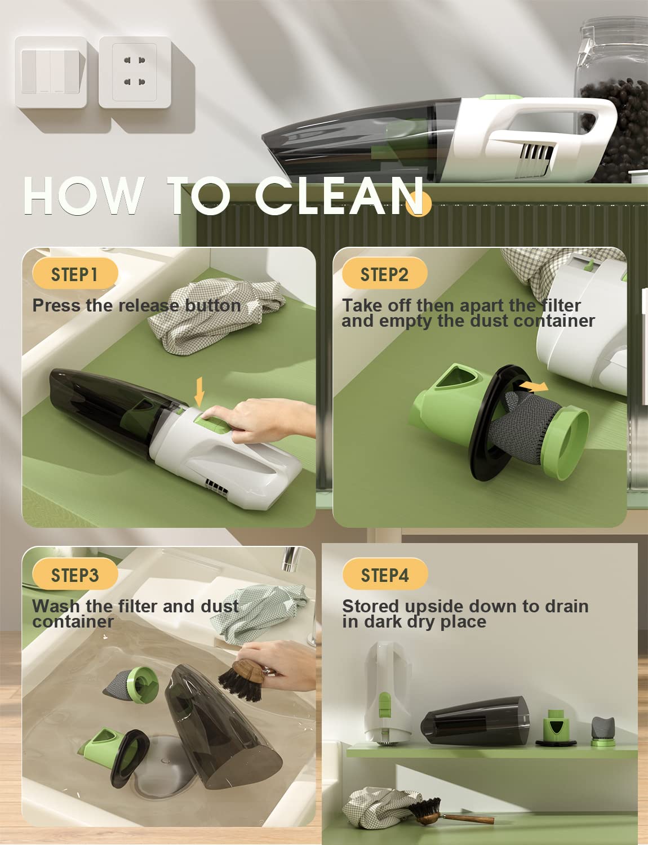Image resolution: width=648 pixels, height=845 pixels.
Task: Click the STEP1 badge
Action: point(75,274)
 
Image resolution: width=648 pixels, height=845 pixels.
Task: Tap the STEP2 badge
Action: point(384,274)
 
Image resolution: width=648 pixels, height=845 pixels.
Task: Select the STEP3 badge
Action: point(75,575)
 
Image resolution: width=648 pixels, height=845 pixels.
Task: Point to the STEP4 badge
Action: point(385,575)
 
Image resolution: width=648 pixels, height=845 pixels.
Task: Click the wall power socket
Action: point(135,72)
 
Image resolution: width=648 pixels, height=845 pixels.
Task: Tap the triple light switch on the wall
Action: point(51,72)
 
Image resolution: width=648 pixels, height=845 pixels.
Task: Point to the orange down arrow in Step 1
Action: point(199,392)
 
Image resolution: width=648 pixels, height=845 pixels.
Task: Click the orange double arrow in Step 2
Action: point(532,386)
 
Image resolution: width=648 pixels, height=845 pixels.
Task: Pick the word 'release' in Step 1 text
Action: point(141,305)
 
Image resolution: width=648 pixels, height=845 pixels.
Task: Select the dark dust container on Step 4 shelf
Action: point(475,721)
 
